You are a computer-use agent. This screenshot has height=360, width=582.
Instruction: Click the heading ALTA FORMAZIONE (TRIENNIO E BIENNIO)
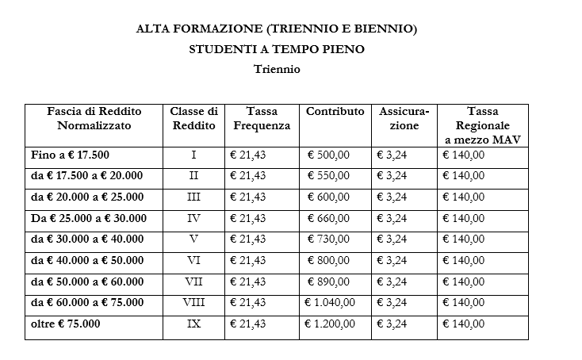pyautogui.click(x=276, y=29)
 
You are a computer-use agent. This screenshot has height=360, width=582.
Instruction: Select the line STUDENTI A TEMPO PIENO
pyautogui.click(x=276, y=49)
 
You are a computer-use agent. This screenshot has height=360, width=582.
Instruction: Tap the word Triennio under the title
pyautogui.click(x=277, y=69)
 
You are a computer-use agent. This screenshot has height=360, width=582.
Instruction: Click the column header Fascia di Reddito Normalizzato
pyautogui.click(x=94, y=119)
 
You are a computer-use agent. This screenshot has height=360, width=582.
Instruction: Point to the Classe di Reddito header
pyautogui.click(x=193, y=119)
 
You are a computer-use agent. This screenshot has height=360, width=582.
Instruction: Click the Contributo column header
pyautogui.click(x=335, y=112)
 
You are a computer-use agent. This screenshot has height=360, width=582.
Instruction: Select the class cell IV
pyautogui.click(x=193, y=218)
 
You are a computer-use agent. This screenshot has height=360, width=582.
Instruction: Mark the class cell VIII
pyautogui.click(x=193, y=302)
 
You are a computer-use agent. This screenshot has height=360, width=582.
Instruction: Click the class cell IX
pyautogui.click(x=193, y=324)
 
